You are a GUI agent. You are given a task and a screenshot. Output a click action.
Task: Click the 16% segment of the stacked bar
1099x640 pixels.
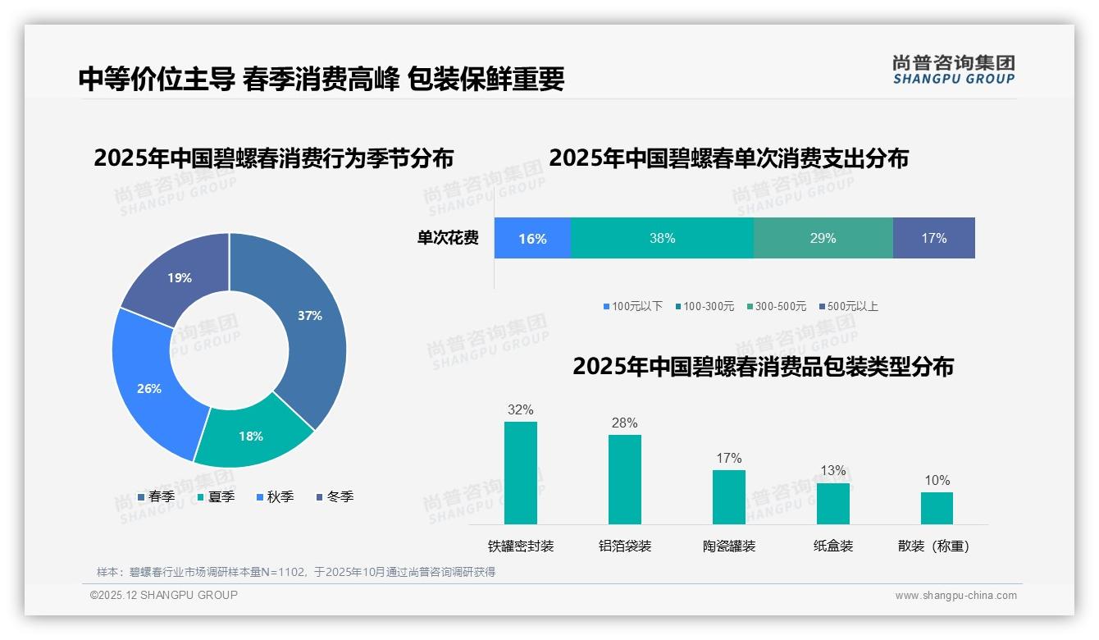tap(532, 239)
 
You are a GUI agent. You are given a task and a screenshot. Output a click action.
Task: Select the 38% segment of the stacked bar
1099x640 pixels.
tap(662, 239)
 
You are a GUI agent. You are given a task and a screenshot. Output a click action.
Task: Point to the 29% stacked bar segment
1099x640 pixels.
tap(823, 239)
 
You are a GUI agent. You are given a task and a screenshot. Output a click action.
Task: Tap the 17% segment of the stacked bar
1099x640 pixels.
tap(933, 239)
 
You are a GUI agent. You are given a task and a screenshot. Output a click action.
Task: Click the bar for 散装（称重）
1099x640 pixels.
tap(937, 508)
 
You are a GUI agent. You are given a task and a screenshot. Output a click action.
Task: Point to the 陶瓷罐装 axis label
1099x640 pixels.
tap(729, 546)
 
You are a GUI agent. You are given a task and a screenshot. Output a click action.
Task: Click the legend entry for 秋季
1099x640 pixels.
tap(276, 496)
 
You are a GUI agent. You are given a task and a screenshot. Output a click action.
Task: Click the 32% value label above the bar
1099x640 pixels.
tap(521, 409)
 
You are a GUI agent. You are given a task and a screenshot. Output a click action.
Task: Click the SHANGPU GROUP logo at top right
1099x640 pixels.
tap(954, 70)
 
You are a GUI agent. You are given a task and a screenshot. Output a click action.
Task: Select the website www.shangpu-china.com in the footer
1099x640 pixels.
tap(955, 596)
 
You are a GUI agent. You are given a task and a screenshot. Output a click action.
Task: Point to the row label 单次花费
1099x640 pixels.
tap(448, 239)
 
